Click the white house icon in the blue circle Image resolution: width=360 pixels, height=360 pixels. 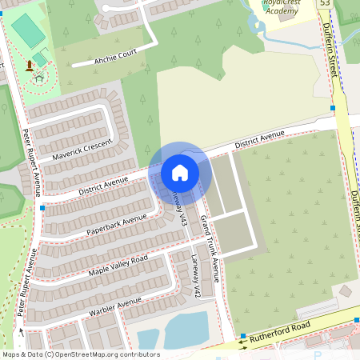(x=180, y=173)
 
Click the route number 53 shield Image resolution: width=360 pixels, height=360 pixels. (x=324, y=4)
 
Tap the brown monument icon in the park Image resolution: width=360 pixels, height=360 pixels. (x=30, y=65)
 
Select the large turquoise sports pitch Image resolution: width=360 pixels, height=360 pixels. (x=28, y=31)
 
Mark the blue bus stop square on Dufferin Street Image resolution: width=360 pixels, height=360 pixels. (x=332, y=107)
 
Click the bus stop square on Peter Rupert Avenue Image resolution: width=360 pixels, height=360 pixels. (x=42, y=208)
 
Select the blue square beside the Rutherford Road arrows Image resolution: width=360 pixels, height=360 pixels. (x=242, y=336)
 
